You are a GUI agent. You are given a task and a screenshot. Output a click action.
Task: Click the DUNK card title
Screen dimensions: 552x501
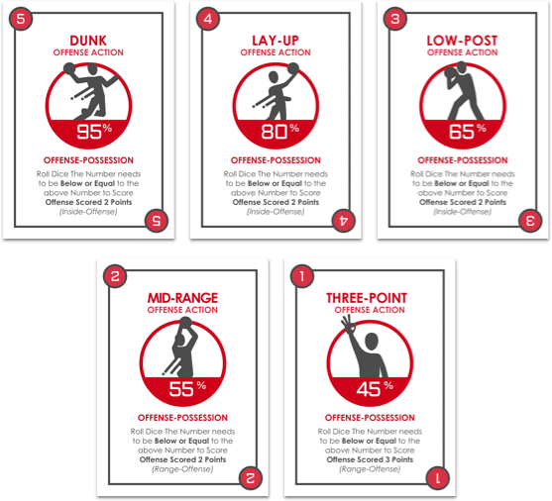[88, 41]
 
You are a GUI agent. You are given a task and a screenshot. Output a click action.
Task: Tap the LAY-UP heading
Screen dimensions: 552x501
[276, 41]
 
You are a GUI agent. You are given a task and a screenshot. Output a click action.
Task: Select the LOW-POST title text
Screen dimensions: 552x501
[462, 41]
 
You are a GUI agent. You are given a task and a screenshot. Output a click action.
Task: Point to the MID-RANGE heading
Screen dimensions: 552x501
[182, 298]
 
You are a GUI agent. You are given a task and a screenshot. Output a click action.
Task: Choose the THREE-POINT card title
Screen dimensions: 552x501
[367, 298]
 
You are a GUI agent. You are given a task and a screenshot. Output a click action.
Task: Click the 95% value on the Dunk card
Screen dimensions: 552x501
[94, 132]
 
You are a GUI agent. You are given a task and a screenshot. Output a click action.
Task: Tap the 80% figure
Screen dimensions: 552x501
[280, 132]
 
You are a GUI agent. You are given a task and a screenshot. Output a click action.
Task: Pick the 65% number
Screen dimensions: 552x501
[468, 132]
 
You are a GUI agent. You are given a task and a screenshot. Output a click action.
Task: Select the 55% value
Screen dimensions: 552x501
[187, 389]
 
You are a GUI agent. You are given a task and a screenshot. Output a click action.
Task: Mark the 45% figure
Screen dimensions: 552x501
[375, 389]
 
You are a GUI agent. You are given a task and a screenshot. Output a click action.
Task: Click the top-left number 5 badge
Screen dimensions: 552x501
[21, 19]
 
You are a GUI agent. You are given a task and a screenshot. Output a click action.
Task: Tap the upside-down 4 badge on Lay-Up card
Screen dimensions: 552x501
[344, 221]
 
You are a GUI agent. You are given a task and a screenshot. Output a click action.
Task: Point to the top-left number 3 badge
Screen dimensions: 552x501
[395, 19]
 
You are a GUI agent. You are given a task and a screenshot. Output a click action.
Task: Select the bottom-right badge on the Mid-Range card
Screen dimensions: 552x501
[251, 478]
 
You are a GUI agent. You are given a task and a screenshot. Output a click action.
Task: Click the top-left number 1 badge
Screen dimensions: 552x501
[302, 276]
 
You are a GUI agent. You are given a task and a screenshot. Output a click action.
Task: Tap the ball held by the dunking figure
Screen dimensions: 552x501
[69, 68]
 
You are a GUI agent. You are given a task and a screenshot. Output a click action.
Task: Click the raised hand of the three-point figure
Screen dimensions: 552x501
[348, 324]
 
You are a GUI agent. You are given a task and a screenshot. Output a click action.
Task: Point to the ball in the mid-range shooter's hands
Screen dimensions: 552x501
[185, 322]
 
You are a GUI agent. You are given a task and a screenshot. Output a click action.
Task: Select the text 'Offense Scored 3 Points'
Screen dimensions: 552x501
[370, 459]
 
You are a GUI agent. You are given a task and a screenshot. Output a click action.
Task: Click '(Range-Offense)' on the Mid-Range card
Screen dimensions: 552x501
[182, 469]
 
